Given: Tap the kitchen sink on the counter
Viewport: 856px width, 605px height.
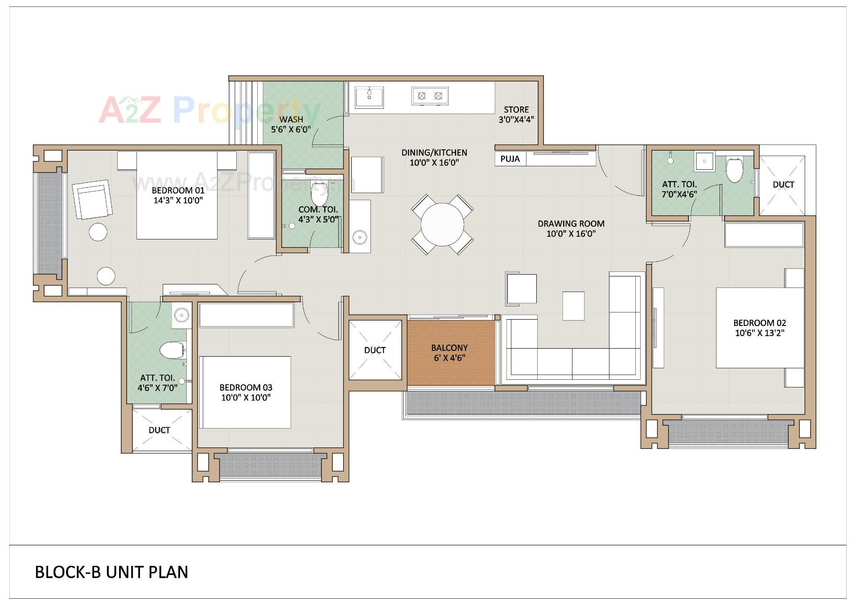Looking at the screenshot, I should pos(369,97).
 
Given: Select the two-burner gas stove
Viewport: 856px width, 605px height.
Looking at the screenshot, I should pos(430,96).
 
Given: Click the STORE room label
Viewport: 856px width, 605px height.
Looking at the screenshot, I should pos(516,110).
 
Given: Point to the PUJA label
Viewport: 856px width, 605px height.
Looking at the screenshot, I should pos(510,159).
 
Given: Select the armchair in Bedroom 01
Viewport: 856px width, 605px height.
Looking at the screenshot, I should pos(93,199).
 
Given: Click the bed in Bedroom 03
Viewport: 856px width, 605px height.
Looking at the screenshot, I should pos(245,392).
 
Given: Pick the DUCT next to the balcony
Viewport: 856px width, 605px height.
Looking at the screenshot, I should pos(375,350).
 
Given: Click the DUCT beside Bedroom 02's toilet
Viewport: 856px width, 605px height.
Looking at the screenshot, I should pos(783,185).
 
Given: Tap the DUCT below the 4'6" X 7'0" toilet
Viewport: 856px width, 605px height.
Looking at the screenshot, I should pos(159,430).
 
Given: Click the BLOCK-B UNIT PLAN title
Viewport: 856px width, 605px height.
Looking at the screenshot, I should pos(111,572).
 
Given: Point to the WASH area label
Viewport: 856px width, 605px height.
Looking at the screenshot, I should pos(291,119).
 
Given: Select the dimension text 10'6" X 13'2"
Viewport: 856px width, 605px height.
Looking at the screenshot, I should pos(759,333).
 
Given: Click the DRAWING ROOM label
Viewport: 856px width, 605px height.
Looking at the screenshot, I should pos(571,224).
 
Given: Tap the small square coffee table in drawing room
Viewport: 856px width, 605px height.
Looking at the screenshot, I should pos(573,306).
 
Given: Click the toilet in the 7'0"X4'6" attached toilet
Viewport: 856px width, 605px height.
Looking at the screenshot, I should pos(734,169).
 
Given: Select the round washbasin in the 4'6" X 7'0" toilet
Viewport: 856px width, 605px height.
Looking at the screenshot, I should pos(181,316).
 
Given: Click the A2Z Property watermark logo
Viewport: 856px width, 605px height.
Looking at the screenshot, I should pos(210,110).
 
